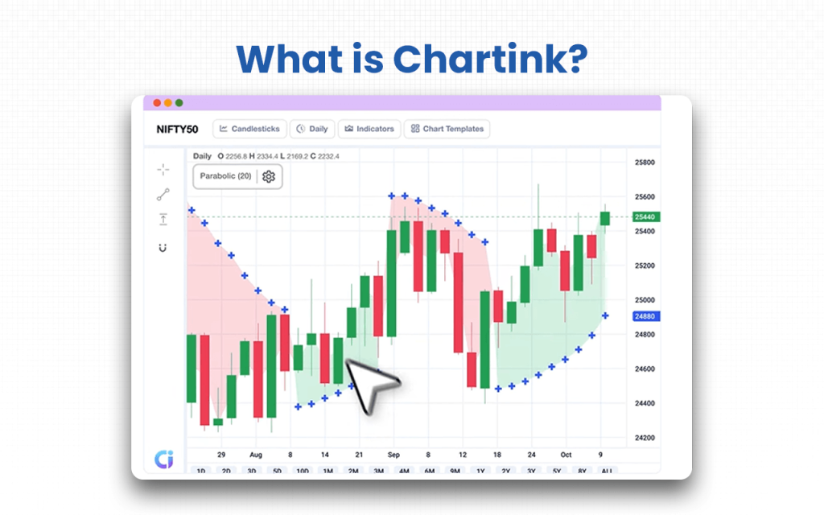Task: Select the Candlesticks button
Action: point(249,129)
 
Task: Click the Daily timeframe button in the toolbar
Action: point(312,129)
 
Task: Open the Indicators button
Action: point(369,129)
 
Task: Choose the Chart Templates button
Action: point(447,129)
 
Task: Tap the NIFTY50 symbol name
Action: point(178,129)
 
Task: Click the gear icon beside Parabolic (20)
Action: point(269,176)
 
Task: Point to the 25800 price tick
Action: point(645,163)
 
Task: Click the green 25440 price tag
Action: point(645,217)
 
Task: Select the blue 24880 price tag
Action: point(645,316)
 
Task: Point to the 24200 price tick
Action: point(645,438)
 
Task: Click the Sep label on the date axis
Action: point(393,454)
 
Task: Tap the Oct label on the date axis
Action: point(566,454)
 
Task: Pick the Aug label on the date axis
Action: point(257,454)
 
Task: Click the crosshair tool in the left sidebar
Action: point(163,169)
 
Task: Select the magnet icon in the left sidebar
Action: point(163,247)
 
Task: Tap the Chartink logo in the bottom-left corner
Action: point(163,459)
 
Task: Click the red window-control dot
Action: point(157,103)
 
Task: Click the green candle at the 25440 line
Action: point(605,218)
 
